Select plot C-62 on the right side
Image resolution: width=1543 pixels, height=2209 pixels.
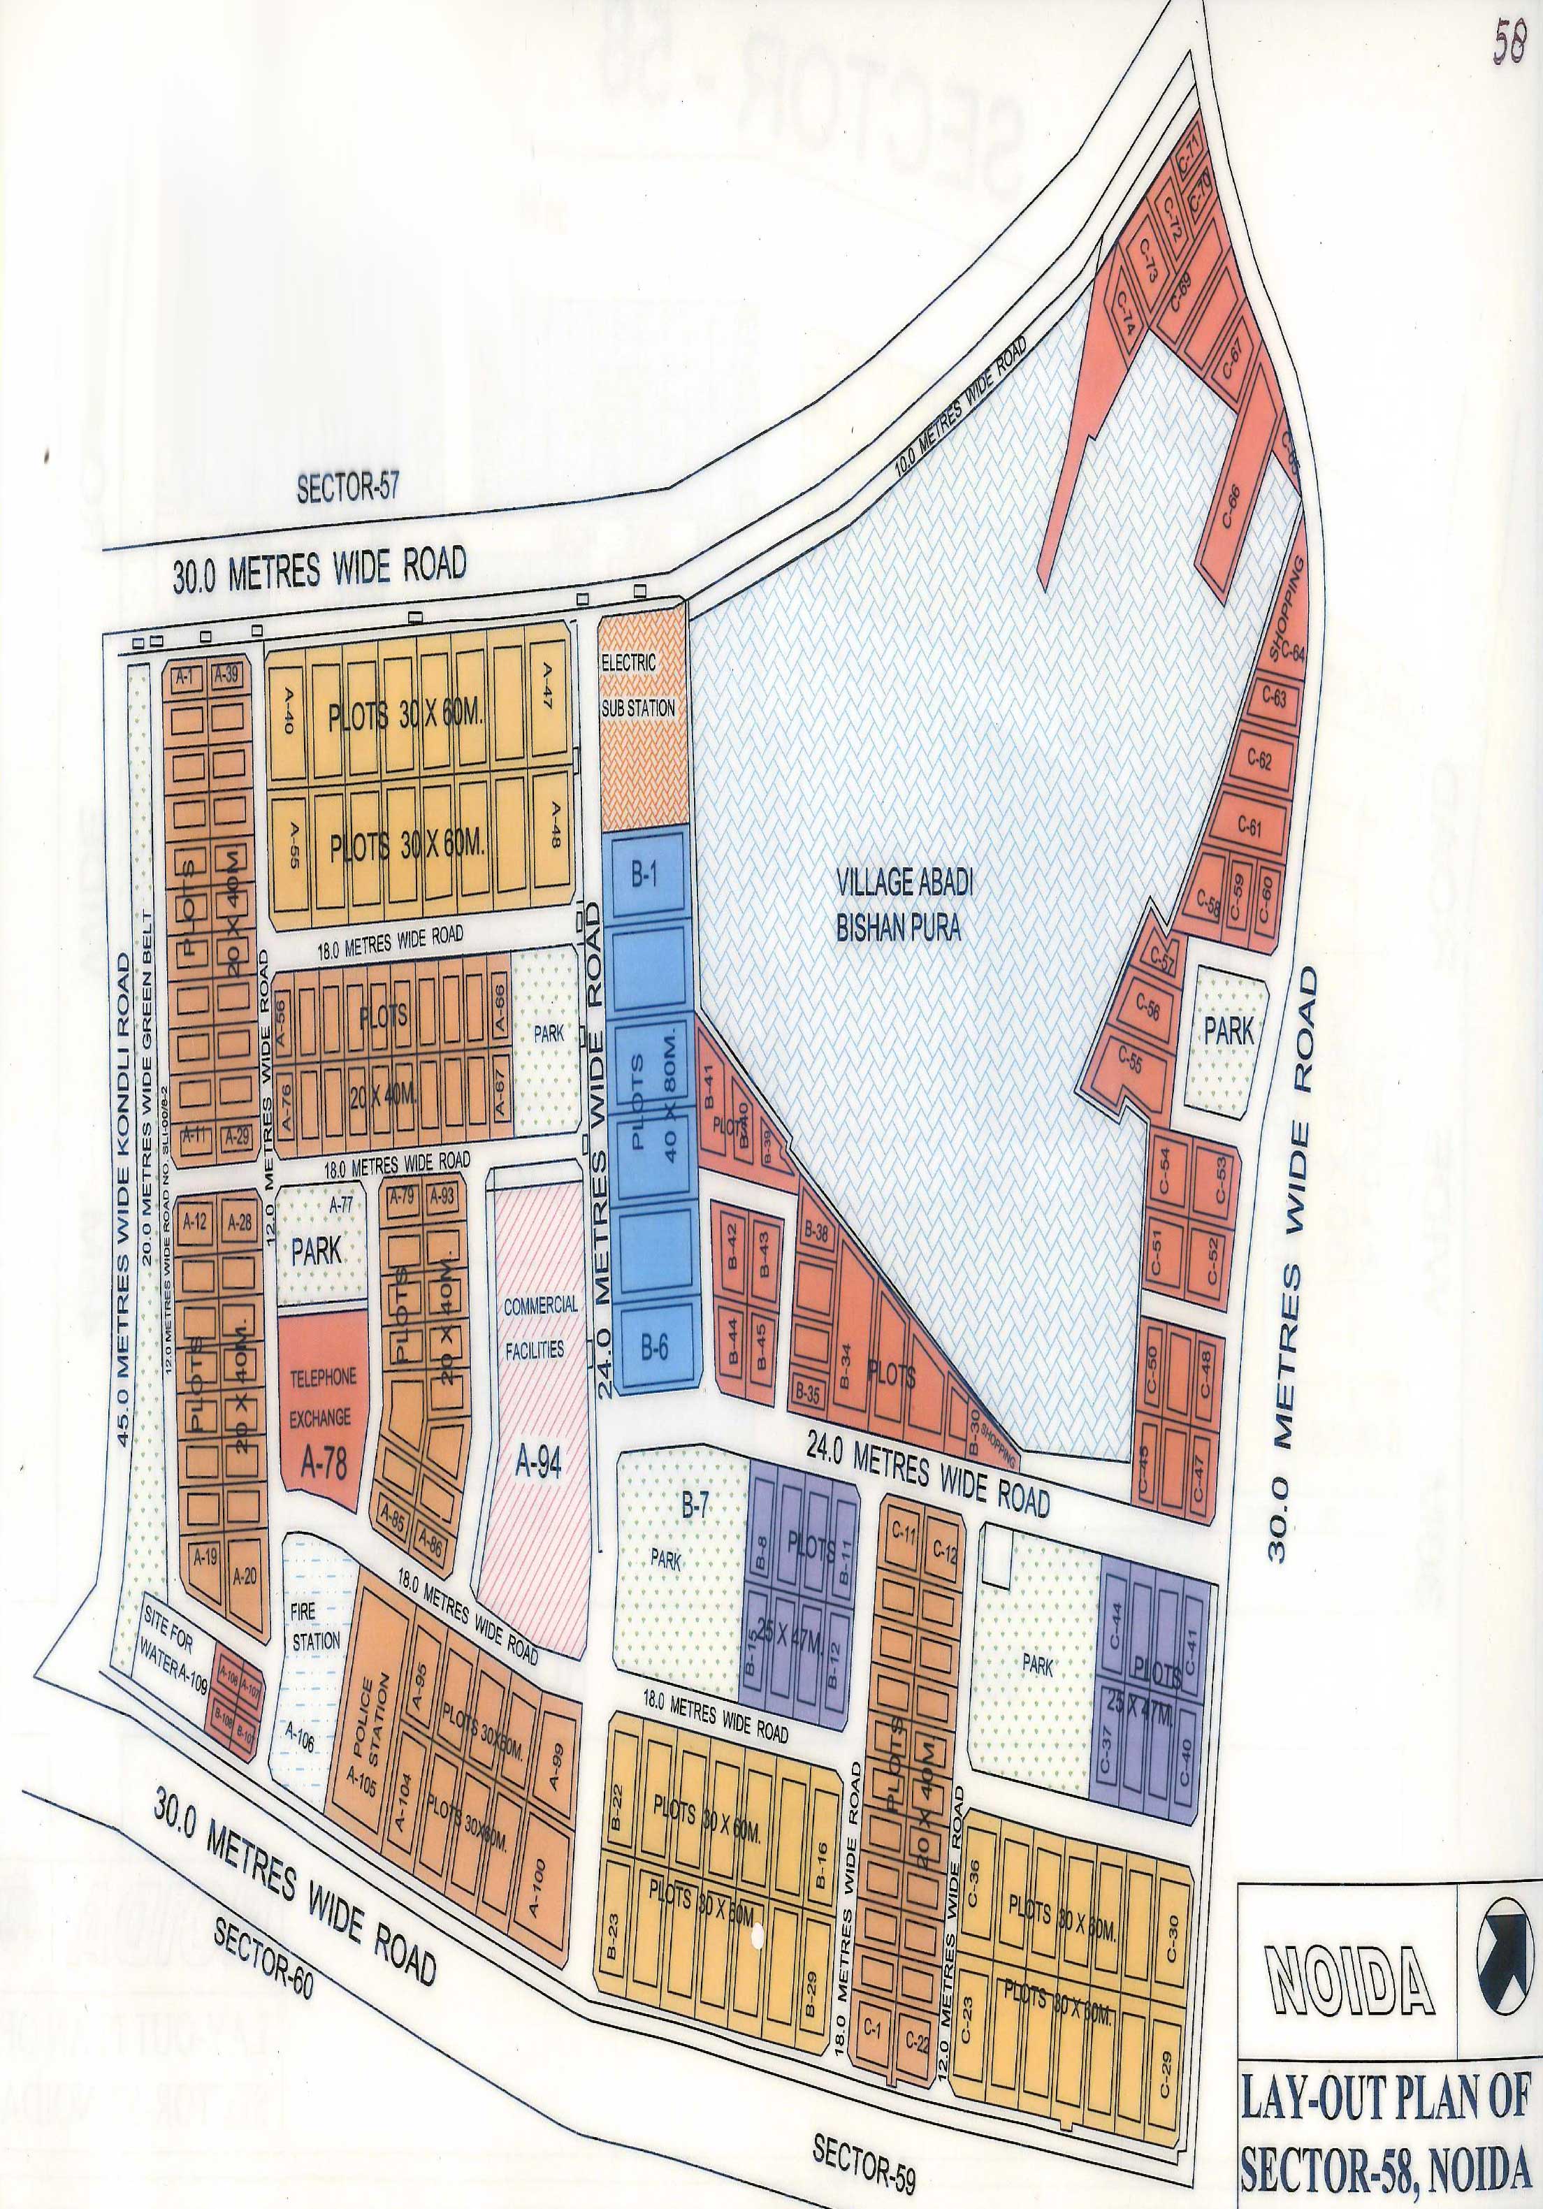coord(1259,758)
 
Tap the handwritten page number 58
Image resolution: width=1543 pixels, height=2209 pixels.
coord(1507,43)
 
